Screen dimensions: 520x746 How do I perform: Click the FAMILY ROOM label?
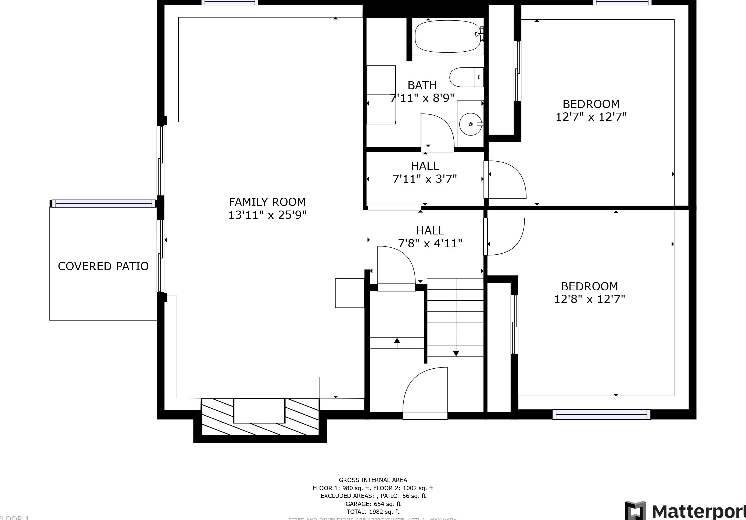tap(267, 202)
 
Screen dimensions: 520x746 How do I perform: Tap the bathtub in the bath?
tap(448, 36)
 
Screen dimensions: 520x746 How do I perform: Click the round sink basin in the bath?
tap(471, 124)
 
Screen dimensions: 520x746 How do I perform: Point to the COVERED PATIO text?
tap(103, 266)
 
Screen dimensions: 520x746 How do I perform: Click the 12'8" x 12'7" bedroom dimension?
tap(589, 299)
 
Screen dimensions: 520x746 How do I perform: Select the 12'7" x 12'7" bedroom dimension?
tap(591, 117)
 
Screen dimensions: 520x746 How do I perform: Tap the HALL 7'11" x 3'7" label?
tap(425, 173)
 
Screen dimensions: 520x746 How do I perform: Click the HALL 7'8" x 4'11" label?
tap(430, 237)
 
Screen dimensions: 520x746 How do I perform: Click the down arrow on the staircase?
tap(456, 353)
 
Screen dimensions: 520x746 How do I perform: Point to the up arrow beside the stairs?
tap(397, 341)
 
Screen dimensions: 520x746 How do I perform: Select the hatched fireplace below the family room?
tap(260, 417)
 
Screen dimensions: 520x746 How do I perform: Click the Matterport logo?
tap(686, 511)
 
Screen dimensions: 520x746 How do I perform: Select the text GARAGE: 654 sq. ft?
tap(373, 504)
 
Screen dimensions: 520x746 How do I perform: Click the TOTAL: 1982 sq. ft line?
tap(373, 512)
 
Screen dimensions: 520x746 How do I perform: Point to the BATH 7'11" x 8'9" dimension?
tap(422, 98)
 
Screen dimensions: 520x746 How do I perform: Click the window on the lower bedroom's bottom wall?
tap(601, 414)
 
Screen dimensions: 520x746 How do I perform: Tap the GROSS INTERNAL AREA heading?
tap(373, 480)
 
